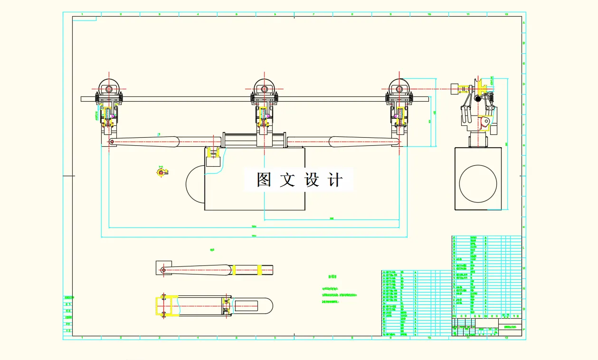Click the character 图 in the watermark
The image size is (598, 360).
coord(264,180)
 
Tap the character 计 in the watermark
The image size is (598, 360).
coord(336,180)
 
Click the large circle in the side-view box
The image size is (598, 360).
coord(478,183)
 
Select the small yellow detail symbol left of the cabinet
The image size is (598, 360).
coord(161,172)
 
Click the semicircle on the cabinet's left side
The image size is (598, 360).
coord(195,183)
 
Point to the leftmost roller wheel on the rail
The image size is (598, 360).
coord(109,89)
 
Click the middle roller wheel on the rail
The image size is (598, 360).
coord(264,89)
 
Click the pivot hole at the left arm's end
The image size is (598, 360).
coord(112,142)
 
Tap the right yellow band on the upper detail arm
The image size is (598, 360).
coord(259,270)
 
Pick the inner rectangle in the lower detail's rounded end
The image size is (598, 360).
coord(247,306)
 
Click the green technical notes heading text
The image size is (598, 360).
coord(332,276)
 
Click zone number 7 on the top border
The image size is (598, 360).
coord(313,14)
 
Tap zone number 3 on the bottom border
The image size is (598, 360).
coord(159,338)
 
